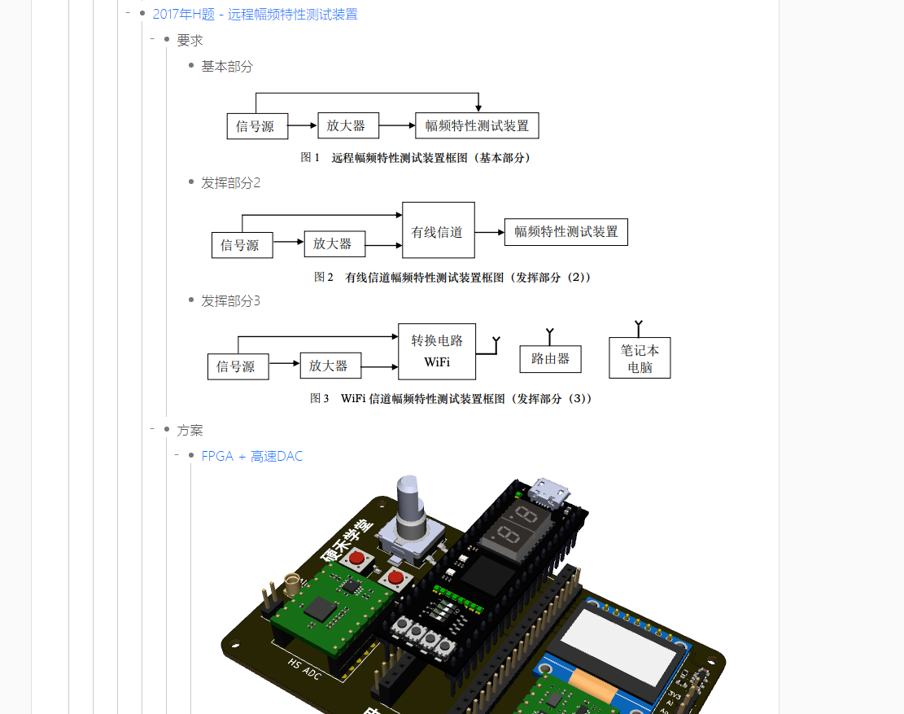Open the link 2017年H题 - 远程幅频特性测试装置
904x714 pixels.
click(255, 15)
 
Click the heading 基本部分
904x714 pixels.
click(227, 67)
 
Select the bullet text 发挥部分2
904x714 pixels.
click(230, 183)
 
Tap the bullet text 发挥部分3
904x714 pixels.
click(230, 301)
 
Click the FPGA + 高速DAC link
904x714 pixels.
click(251, 457)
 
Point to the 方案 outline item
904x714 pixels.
click(190, 431)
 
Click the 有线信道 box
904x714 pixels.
click(438, 231)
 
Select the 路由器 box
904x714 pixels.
click(550, 359)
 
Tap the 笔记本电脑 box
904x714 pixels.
click(640, 358)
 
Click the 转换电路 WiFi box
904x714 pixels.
click(436, 351)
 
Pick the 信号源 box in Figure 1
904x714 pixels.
click(255, 126)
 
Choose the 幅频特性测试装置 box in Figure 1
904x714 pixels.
click(477, 125)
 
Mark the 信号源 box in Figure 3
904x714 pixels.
click(236, 366)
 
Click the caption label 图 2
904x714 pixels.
click(324, 278)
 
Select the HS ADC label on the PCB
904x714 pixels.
click(305, 668)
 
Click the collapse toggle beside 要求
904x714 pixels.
click(152, 40)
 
